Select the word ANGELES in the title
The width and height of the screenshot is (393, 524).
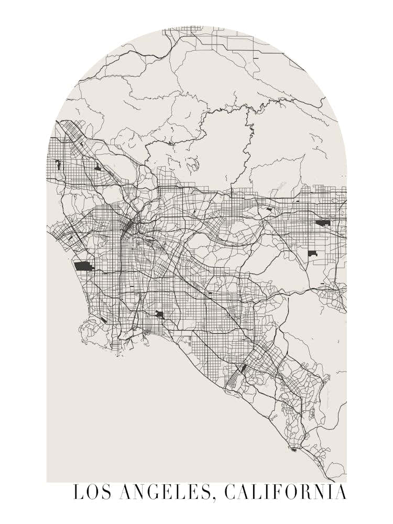click(x=165, y=493)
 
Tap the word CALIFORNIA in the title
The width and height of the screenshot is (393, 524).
click(x=286, y=493)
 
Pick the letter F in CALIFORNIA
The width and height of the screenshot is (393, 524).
click(x=277, y=493)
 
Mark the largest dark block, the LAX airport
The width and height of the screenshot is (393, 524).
click(x=83, y=266)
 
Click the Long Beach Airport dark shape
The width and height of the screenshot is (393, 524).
click(x=159, y=314)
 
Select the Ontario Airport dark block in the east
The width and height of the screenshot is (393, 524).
click(x=322, y=223)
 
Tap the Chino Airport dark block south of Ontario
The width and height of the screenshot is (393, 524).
click(x=312, y=254)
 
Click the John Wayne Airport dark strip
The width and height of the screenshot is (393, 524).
click(x=242, y=369)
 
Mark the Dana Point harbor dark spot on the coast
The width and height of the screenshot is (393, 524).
click(x=293, y=449)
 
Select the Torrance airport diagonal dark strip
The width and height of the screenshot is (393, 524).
click(x=104, y=319)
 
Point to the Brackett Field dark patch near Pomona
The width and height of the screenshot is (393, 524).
click(x=269, y=209)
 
